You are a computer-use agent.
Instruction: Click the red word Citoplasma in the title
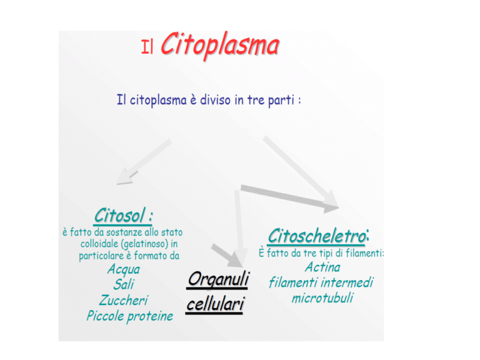click(x=220, y=45)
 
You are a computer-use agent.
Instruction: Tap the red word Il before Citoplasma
click(x=147, y=47)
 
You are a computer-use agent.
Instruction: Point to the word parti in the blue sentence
click(x=281, y=101)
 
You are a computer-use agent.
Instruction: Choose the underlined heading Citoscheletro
click(x=317, y=236)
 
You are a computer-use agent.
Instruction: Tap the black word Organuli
click(x=219, y=279)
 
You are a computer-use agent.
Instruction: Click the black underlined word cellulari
click(x=215, y=304)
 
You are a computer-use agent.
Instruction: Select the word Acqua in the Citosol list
click(x=124, y=270)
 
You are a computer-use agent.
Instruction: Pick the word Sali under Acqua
click(x=124, y=284)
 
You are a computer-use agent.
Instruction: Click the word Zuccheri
click(x=124, y=300)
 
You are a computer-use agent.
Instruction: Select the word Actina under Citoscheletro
click(x=322, y=267)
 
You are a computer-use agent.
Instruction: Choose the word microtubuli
click(x=322, y=298)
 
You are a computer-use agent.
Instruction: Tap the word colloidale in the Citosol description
click(x=99, y=244)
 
